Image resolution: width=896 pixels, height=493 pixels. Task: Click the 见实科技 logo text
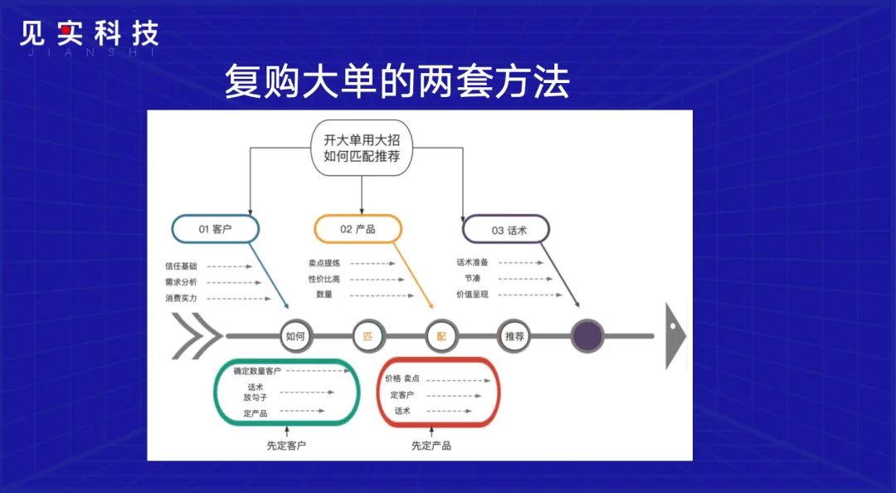(x=89, y=35)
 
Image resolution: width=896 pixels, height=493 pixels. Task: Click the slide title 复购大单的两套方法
(x=397, y=83)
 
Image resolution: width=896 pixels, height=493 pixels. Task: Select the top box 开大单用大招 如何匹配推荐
(x=362, y=149)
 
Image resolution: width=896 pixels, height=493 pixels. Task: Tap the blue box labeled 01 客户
(x=215, y=229)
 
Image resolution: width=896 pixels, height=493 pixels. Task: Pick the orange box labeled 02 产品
(x=358, y=229)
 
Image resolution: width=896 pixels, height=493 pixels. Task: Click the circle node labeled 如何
(x=295, y=336)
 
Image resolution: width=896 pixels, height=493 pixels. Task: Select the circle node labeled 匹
(x=368, y=336)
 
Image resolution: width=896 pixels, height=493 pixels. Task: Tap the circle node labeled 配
(x=441, y=336)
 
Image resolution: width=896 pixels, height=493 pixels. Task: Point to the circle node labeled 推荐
(x=514, y=336)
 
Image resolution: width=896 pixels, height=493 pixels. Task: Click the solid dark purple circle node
(x=587, y=335)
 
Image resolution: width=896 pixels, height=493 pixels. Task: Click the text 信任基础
(x=181, y=266)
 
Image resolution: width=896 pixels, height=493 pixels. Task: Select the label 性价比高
(x=324, y=279)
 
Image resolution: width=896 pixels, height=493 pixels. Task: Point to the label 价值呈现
(x=473, y=294)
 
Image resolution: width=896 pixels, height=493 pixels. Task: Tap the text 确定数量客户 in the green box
(x=257, y=371)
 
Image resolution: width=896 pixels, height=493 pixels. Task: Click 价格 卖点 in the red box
(x=402, y=378)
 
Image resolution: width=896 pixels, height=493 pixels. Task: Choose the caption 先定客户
(x=286, y=446)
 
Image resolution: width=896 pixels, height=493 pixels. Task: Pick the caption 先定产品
(x=431, y=446)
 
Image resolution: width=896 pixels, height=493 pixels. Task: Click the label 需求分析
(x=181, y=282)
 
